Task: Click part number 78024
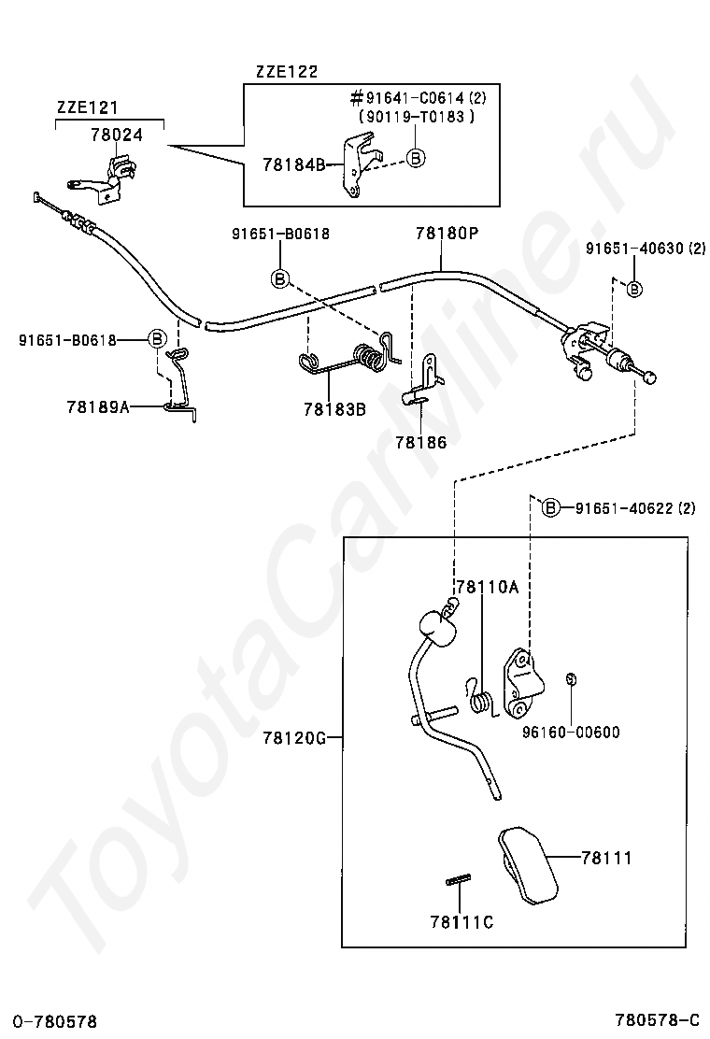point(117,135)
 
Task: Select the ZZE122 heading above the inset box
point(286,72)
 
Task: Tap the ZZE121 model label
point(87,107)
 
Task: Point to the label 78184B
point(292,164)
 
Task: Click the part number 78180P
point(447,234)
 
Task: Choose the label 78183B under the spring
point(334,408)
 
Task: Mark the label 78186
point(420,442)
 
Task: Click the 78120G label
point(294,738)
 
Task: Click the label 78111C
point(461,922)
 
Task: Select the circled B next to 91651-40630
point(634,289)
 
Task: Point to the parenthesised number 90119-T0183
point(416,117)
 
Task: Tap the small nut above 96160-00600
point(570,679)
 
